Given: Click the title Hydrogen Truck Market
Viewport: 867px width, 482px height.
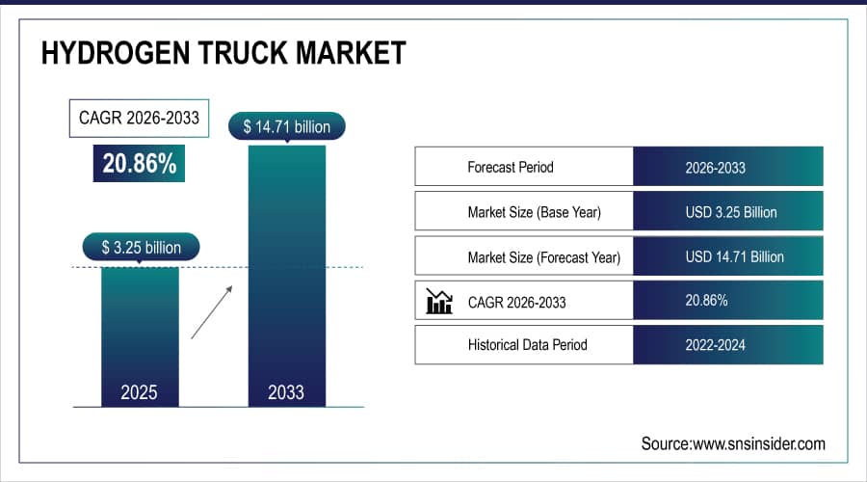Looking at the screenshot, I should [223, 53].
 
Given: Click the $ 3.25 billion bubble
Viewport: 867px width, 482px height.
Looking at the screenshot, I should [141, 248].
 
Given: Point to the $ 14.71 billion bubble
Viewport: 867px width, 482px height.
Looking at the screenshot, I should [286, 127].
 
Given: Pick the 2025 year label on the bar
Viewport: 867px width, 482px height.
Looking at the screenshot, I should [141, 392].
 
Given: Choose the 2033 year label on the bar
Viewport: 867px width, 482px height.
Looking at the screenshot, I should [286, 392].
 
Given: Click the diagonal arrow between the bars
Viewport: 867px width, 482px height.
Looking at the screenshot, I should [211, 311].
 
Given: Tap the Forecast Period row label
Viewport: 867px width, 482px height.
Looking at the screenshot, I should [511, 167].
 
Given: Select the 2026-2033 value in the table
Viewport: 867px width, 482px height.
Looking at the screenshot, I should [715, 167].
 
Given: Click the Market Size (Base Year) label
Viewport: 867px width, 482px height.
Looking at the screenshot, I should [534, 212].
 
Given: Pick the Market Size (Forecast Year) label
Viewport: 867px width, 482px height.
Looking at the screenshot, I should [543, 256].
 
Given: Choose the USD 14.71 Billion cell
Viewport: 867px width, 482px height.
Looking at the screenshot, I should [734, 256].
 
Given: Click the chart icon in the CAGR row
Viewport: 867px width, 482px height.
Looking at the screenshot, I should [439, 302].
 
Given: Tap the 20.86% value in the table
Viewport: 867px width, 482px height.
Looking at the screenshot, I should [706, 301].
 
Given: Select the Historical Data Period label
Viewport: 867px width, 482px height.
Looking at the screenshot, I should [527, 344].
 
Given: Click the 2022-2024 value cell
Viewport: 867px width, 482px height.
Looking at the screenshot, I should [715, 344].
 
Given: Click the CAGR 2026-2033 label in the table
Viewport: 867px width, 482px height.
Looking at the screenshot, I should [516, 302].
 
